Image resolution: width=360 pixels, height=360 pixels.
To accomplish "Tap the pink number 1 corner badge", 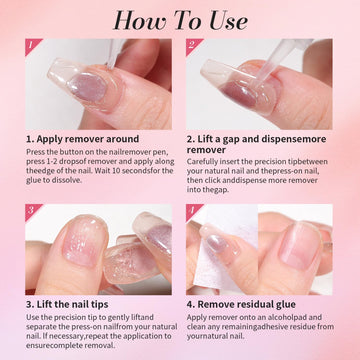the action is click(32, 45).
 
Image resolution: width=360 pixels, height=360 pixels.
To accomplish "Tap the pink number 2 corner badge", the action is click(192, 45).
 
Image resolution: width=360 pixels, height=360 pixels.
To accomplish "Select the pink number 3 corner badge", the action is click(32, 211).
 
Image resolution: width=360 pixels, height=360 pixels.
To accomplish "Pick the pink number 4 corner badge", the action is click(192, 211).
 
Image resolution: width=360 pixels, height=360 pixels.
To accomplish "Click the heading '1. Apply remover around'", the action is click(83, 139).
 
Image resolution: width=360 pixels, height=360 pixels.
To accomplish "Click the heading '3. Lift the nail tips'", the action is click(67, 304).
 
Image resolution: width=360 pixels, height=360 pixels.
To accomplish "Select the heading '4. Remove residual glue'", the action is click(241, 304).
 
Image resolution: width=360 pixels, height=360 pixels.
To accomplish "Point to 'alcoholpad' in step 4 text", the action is click(294, 317).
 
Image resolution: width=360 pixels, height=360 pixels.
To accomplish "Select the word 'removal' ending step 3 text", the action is click(99, 345).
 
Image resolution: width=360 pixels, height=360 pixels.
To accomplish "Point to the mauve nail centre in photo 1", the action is click(87, 86).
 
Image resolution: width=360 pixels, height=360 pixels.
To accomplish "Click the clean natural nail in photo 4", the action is click(301, 247).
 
